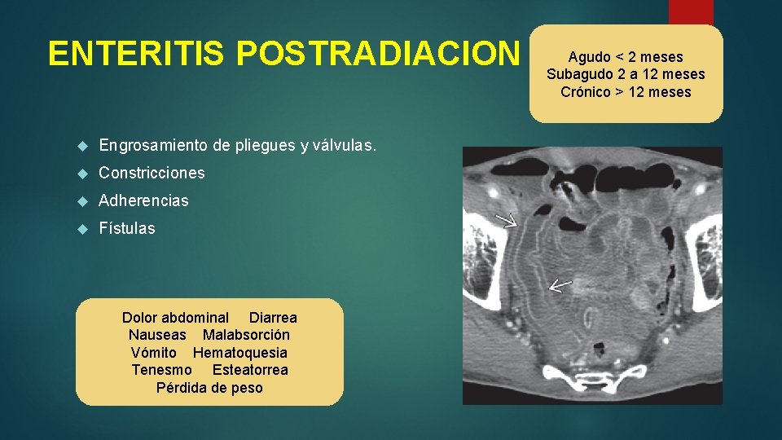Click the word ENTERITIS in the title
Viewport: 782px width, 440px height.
138,54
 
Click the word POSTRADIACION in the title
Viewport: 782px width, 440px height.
377,54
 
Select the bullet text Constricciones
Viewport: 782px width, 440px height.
152,173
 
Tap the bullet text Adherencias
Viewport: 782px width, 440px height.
143,200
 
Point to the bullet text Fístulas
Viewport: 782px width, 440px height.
126,228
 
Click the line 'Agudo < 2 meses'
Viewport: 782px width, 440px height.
626,57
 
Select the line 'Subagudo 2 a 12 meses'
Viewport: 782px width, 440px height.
626,74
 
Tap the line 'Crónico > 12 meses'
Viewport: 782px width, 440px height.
626,91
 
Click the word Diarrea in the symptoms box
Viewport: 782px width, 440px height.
273,318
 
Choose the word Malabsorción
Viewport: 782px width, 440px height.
246,335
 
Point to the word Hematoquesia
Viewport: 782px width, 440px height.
239,353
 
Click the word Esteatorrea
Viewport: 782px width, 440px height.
250,370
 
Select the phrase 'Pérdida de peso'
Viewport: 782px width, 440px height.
209,388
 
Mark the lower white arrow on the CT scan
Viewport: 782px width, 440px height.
560,285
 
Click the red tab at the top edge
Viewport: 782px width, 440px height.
691,12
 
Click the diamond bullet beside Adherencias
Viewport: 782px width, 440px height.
81,201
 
